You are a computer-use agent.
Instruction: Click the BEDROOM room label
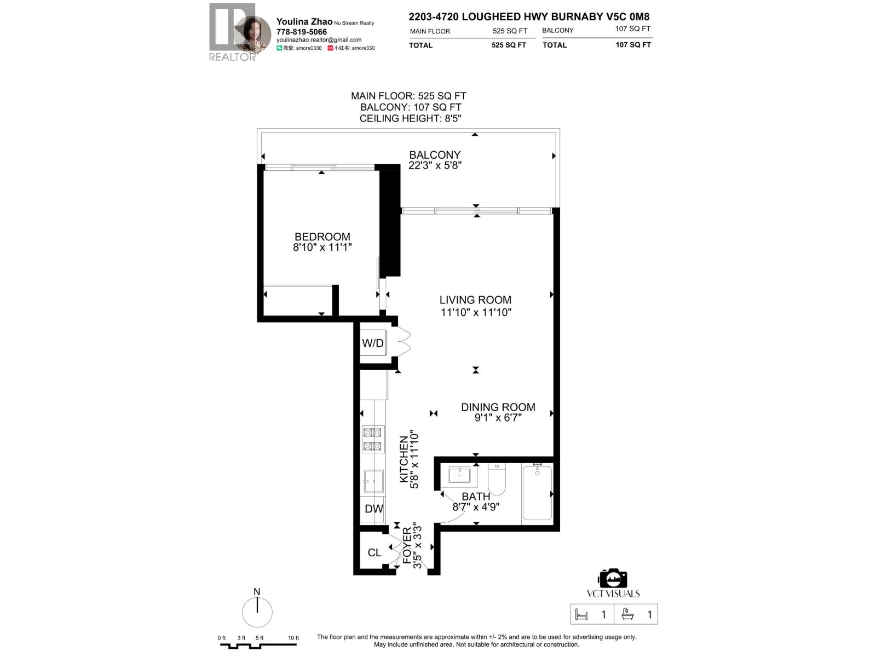[x=322, y=237]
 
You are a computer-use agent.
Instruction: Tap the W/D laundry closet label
[x=372, y=343]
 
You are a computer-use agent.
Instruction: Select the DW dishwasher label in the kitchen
[x=374, y=509]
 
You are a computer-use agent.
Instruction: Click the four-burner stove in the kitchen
[x=373, y=439]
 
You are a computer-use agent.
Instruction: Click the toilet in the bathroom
[x=497, y=480]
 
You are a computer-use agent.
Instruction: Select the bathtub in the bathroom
[x=537, y=493]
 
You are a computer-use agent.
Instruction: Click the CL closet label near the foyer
[x=374, y=552]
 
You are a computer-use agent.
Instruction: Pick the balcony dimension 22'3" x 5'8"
[x=435, y=165]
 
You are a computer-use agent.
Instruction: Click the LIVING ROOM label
[x=475, y=300]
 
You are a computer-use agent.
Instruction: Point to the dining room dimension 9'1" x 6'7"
[x=498, y=418]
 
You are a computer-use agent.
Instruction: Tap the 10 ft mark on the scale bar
[x=293, y=638]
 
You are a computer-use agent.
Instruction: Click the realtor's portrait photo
[x=253, y=34]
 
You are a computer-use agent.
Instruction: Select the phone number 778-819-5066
[x=301, y=32]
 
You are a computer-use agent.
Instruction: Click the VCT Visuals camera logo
[x=613, y=579]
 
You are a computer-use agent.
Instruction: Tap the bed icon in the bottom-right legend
[x=581, y=615]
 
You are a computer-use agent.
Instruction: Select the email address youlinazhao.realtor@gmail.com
[x=319, y=40]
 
